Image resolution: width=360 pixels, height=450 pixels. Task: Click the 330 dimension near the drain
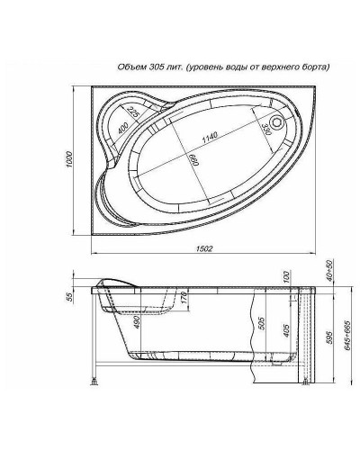265,129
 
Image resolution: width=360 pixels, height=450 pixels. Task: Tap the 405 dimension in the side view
287,334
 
